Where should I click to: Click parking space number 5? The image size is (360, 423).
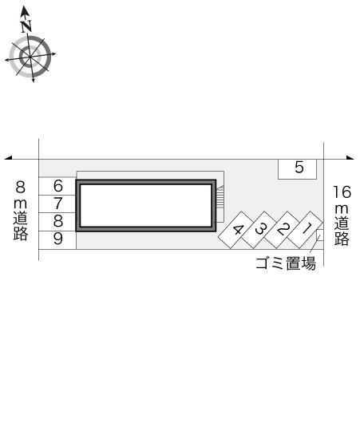pyautogui.click(x=298, y=168)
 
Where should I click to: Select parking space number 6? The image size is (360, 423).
pyautogui.click(x=57, y=186)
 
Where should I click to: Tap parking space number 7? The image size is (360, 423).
pyautogui.click(x=57, y=204)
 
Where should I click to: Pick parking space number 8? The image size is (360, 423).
pyautogui.click(x=57, y=221)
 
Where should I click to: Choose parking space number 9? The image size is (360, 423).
pyautogui.click(x=57, y=239)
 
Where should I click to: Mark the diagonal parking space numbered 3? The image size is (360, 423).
pyautogui.click(x=261, y=229)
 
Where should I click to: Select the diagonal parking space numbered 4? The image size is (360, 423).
pyautogui.click(x=238, y=230)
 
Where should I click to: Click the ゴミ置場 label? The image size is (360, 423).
pyautogui.click(x=285, y=264)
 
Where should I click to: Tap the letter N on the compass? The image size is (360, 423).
pyautogui.click(x=26, y=25)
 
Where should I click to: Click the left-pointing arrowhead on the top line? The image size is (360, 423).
pyautogui.click(x=9, y=158)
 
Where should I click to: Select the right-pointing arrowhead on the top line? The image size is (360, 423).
pyautogui.click(x=350, y=158)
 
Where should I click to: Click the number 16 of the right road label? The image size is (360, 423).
pyautogui.click(x=342, y=192)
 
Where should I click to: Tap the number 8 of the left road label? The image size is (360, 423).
pyautogui.click(x=21, y=187)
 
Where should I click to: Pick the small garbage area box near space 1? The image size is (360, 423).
pyautogui.click(x=319, y=235)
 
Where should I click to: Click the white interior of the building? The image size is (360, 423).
pyautogui.click(x=145, y=204)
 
